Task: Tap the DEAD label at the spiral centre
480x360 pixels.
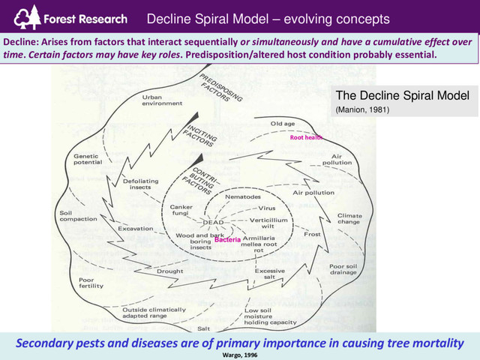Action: click(x=215, y=223)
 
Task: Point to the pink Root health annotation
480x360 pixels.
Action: click(x=306, y=138)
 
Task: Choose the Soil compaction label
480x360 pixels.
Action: click(x=76, y=217)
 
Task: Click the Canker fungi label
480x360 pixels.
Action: click(x=185, y=211)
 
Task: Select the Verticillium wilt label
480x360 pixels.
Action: click(x=272, y=223)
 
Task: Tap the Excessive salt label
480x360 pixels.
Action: click(x=270, y=274)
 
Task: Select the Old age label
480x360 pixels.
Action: click(x=286, y=124)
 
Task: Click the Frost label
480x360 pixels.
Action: click(x=312, y=234)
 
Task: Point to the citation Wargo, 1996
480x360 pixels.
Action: click(x=240, y=353)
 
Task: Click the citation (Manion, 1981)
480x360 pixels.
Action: click(x=363, y=109)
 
